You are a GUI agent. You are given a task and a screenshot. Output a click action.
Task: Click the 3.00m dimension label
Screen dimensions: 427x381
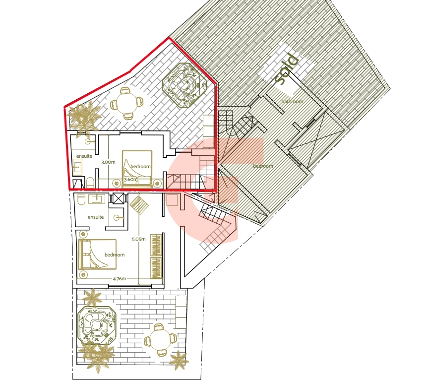click(108, 162)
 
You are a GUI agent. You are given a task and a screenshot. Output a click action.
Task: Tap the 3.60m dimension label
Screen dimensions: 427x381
click(131, 180)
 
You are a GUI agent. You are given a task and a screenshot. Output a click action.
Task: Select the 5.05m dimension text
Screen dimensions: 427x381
click(138, 239)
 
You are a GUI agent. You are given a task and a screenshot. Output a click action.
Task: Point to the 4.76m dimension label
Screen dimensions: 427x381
click(120, 279)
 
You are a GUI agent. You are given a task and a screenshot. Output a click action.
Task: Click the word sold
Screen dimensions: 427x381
click(286, 69)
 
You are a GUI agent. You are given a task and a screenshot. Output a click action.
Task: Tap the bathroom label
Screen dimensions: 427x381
click(292, 102)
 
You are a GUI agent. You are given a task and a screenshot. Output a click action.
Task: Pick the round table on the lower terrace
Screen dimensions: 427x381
click(160, 340)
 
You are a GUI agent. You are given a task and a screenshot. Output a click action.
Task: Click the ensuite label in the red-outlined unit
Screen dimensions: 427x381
click(84, 156)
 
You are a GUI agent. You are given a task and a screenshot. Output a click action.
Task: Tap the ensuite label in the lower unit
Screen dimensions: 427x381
click(96, 217)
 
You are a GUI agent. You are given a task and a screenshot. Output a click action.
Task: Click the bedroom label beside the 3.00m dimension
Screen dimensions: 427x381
click(140, 166)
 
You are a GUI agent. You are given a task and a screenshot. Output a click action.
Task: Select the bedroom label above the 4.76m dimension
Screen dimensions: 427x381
click(115, 254)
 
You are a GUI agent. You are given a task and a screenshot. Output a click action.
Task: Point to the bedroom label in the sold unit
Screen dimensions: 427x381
click(263, 166)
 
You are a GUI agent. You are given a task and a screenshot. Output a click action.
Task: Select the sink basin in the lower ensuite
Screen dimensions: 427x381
click(98, 199)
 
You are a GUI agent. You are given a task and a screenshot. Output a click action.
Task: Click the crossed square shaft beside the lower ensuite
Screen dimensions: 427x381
click(118, 198)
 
